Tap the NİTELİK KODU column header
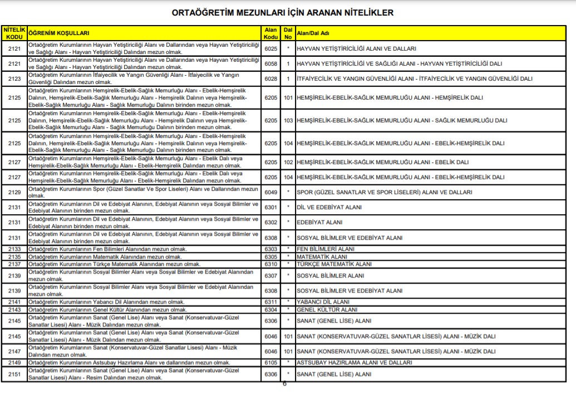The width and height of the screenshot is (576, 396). (x=14, y=33)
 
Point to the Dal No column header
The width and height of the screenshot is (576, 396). (x=288, y=33)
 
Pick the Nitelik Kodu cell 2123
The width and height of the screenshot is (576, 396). (x=14, y=78)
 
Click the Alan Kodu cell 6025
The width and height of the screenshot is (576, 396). (x=270, y=48)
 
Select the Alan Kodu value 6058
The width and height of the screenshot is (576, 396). (x=270, y=63)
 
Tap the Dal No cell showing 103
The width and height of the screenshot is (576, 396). (x=288, y=120)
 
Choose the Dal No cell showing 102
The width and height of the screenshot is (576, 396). (x=288, y=162)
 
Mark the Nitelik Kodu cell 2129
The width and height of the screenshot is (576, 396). (x=14, y=192)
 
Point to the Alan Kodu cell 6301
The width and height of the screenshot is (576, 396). (x=270, y=207)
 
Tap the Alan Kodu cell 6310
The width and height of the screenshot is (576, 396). (x=270, y=264)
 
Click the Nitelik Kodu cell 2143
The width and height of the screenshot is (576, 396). (x=14, y=309)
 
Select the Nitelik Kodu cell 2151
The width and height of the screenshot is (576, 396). (x=14, y=374)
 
